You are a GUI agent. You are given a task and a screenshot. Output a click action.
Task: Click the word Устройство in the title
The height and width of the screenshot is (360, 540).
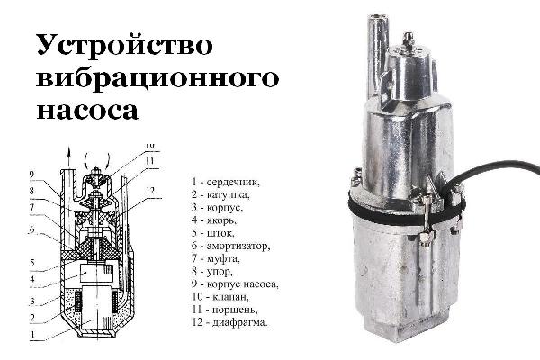point(124,44)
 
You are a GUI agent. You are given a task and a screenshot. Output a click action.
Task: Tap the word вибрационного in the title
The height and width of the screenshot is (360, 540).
point(157,78)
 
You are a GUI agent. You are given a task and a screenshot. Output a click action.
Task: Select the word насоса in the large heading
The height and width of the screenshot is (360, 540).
point(87,110)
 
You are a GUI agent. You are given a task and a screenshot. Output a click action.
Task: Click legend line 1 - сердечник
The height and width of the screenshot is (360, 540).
point(226,182)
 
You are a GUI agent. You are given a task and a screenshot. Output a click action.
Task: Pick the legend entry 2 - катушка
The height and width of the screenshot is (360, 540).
point(220,194)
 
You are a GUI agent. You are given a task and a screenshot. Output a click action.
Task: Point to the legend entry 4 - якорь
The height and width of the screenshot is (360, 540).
point(214,220)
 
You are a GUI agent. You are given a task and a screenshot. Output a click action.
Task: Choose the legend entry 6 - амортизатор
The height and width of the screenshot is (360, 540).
point(230,246)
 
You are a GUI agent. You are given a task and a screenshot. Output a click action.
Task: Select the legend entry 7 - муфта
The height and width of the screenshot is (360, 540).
point(216,258)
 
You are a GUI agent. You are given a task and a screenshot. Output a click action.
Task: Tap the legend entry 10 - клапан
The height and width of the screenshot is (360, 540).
point(220,297)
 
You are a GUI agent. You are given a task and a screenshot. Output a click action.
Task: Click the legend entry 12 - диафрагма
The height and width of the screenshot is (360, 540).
point(229,323)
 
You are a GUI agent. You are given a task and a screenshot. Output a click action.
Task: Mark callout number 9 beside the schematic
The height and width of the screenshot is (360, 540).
point(31,175)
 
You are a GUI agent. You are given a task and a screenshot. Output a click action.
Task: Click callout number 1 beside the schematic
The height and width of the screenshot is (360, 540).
point(32,335)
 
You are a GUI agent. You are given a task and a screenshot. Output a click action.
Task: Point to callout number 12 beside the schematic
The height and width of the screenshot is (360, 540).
point(151,191)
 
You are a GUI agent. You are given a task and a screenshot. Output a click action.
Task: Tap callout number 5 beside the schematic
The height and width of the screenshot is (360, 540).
point(32,263)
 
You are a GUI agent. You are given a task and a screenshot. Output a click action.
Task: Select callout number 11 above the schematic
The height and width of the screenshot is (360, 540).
point(149,161)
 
